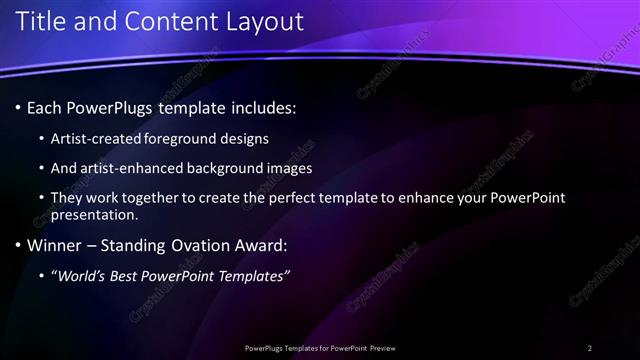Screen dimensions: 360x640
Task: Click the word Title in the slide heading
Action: coord(39,21)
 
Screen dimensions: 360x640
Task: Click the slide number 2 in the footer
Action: coord(589,348)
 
